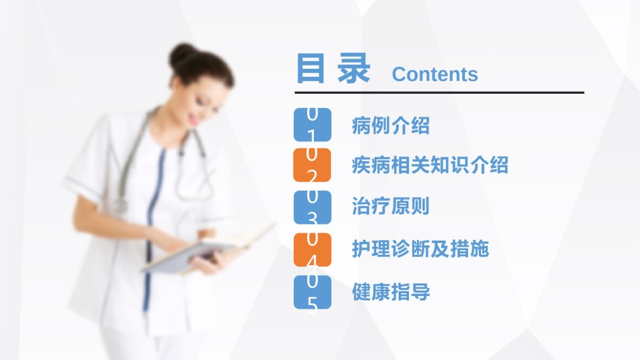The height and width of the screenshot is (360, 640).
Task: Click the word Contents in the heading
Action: [x=435, y=74]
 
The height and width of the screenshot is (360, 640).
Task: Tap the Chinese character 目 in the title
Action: [x=311, y=68]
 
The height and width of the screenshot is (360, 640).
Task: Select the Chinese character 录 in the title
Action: [x=354, y=68]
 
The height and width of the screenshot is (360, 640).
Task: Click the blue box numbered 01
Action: [x=312, y=125]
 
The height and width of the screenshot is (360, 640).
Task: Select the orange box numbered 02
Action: [x=312, y=165]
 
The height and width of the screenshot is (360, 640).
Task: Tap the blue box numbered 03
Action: [x=312, y=207]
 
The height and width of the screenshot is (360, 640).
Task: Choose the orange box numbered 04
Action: [x=312, y=249]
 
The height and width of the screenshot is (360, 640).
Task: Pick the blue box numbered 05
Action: [x=312, y=292]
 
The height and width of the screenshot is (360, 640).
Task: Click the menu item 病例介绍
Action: [x=391, y=125]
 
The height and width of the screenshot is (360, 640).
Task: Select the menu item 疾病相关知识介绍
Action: [x=430, y=165]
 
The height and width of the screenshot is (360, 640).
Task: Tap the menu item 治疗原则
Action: [x=391, y=206]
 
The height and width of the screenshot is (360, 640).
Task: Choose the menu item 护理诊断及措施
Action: [x=420, y=249]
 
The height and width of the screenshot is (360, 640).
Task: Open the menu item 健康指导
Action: [x=391, y=292]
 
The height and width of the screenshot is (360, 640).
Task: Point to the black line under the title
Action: [x=439, y=93]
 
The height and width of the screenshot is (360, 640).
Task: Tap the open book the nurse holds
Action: [x=209, y=249]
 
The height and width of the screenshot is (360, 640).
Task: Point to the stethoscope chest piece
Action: [x=119, y=204]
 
